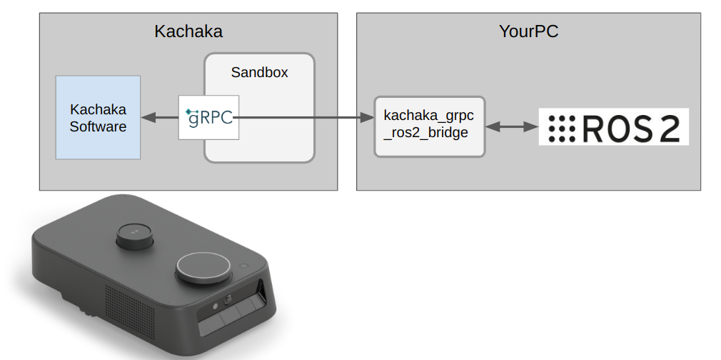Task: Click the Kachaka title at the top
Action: (188, 32)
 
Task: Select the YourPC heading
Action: (528, 32)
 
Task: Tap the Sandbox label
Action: (259, 72)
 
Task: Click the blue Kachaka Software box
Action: (98, 117)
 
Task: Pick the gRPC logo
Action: (208, 117)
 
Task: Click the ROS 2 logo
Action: (613, 127)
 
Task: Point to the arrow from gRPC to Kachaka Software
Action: (159, 117)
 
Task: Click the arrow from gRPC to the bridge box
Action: (307, 118)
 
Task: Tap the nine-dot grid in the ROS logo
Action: (562, 127)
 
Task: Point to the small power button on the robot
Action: (243, 266)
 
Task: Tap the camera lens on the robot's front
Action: (228, 301)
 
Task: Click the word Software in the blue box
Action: (98, 126)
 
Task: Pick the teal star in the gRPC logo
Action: (187, 111)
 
